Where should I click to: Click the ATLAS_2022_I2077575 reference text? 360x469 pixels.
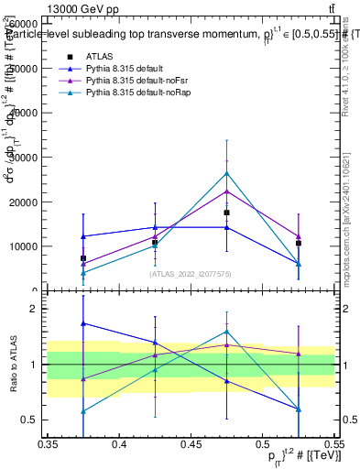click(191, 274)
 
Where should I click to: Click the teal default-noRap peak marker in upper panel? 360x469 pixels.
click(227, 173)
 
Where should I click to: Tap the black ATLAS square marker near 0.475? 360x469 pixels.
click(227, 213)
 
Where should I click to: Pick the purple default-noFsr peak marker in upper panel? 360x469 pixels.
click(227, 191)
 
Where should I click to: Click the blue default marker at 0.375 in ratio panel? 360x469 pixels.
click(83, 323)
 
